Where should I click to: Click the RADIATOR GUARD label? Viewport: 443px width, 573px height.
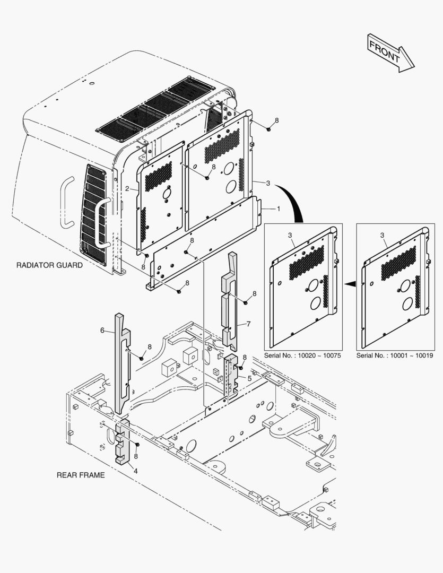(49, 265)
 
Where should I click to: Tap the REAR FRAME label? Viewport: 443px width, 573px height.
(81, 475)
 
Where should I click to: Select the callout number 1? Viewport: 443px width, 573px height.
(279, 209)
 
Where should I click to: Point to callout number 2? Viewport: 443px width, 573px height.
(127, 189)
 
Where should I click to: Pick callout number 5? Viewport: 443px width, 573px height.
(249, 378)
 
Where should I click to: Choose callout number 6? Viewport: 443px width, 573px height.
(102, 330)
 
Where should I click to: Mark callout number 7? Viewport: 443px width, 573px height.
(248, 323)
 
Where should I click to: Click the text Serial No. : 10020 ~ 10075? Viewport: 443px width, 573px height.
(303, 355)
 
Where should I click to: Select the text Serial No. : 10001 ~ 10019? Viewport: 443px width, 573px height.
(395, 355)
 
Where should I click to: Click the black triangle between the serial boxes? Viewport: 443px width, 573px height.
(349, 284)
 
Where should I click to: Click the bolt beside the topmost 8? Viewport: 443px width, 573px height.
(269, 129)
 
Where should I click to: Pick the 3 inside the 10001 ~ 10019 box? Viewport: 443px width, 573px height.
(382, 235)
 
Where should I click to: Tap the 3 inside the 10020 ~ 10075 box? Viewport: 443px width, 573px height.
(290, 235)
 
